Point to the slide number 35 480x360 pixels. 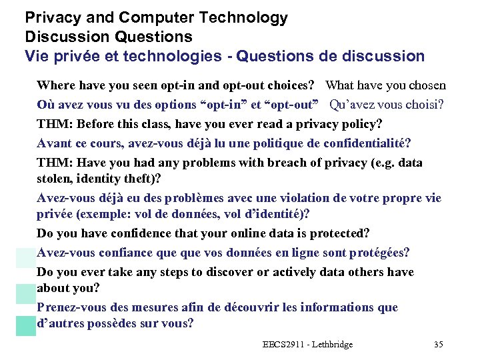[x=438, y=344]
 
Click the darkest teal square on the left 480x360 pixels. [x=26, y=325]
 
